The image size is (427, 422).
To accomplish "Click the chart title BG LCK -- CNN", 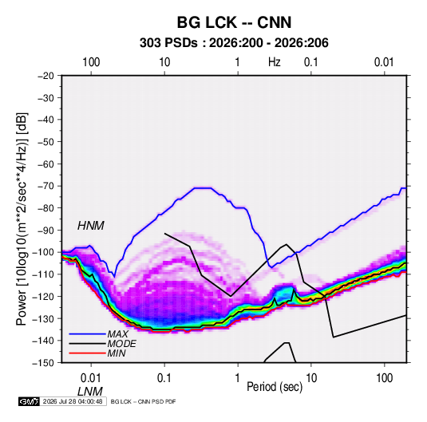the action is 234,22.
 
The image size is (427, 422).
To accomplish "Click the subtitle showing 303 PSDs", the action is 234,43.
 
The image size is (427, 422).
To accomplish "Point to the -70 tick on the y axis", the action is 45,186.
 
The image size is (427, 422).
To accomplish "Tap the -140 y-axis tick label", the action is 44,341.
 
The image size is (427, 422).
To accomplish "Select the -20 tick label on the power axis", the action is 45,76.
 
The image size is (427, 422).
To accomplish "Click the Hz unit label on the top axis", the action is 275,62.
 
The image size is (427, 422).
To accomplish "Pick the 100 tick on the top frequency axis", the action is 91,62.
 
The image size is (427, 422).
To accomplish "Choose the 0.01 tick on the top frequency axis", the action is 384,62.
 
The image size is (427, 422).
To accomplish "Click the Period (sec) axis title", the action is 275,387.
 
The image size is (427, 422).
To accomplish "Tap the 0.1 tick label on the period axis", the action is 164,378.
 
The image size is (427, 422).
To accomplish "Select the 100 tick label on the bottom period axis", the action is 384,378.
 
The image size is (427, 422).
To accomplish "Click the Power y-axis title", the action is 22,219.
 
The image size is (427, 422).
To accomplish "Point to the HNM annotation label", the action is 91,226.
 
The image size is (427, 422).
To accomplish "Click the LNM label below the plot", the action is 90,392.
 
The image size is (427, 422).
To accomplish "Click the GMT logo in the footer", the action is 29,401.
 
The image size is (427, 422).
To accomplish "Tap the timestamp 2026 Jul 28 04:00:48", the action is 73,401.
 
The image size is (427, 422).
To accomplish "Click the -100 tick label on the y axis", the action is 44,252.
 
